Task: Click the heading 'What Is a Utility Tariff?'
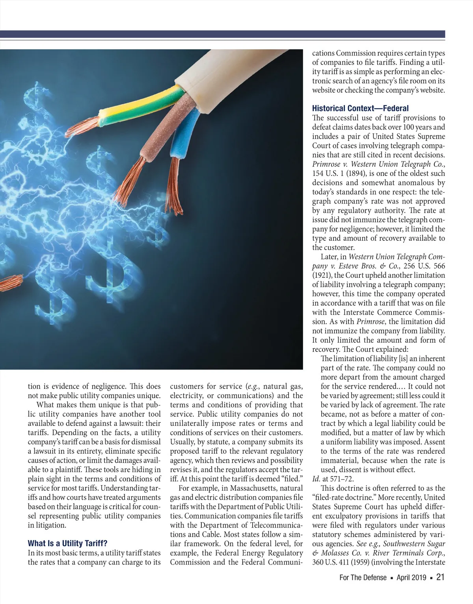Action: pos(67,543)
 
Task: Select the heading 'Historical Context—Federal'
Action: pos(360,108)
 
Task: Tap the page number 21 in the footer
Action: pos(441,577)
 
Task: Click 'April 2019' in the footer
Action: pos(411,578)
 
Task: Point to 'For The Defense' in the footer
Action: pos(363,578)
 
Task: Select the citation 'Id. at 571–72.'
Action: pos(333,479)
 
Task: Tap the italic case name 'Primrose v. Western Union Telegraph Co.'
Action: pos(378,164)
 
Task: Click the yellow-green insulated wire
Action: pos(142,106)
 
